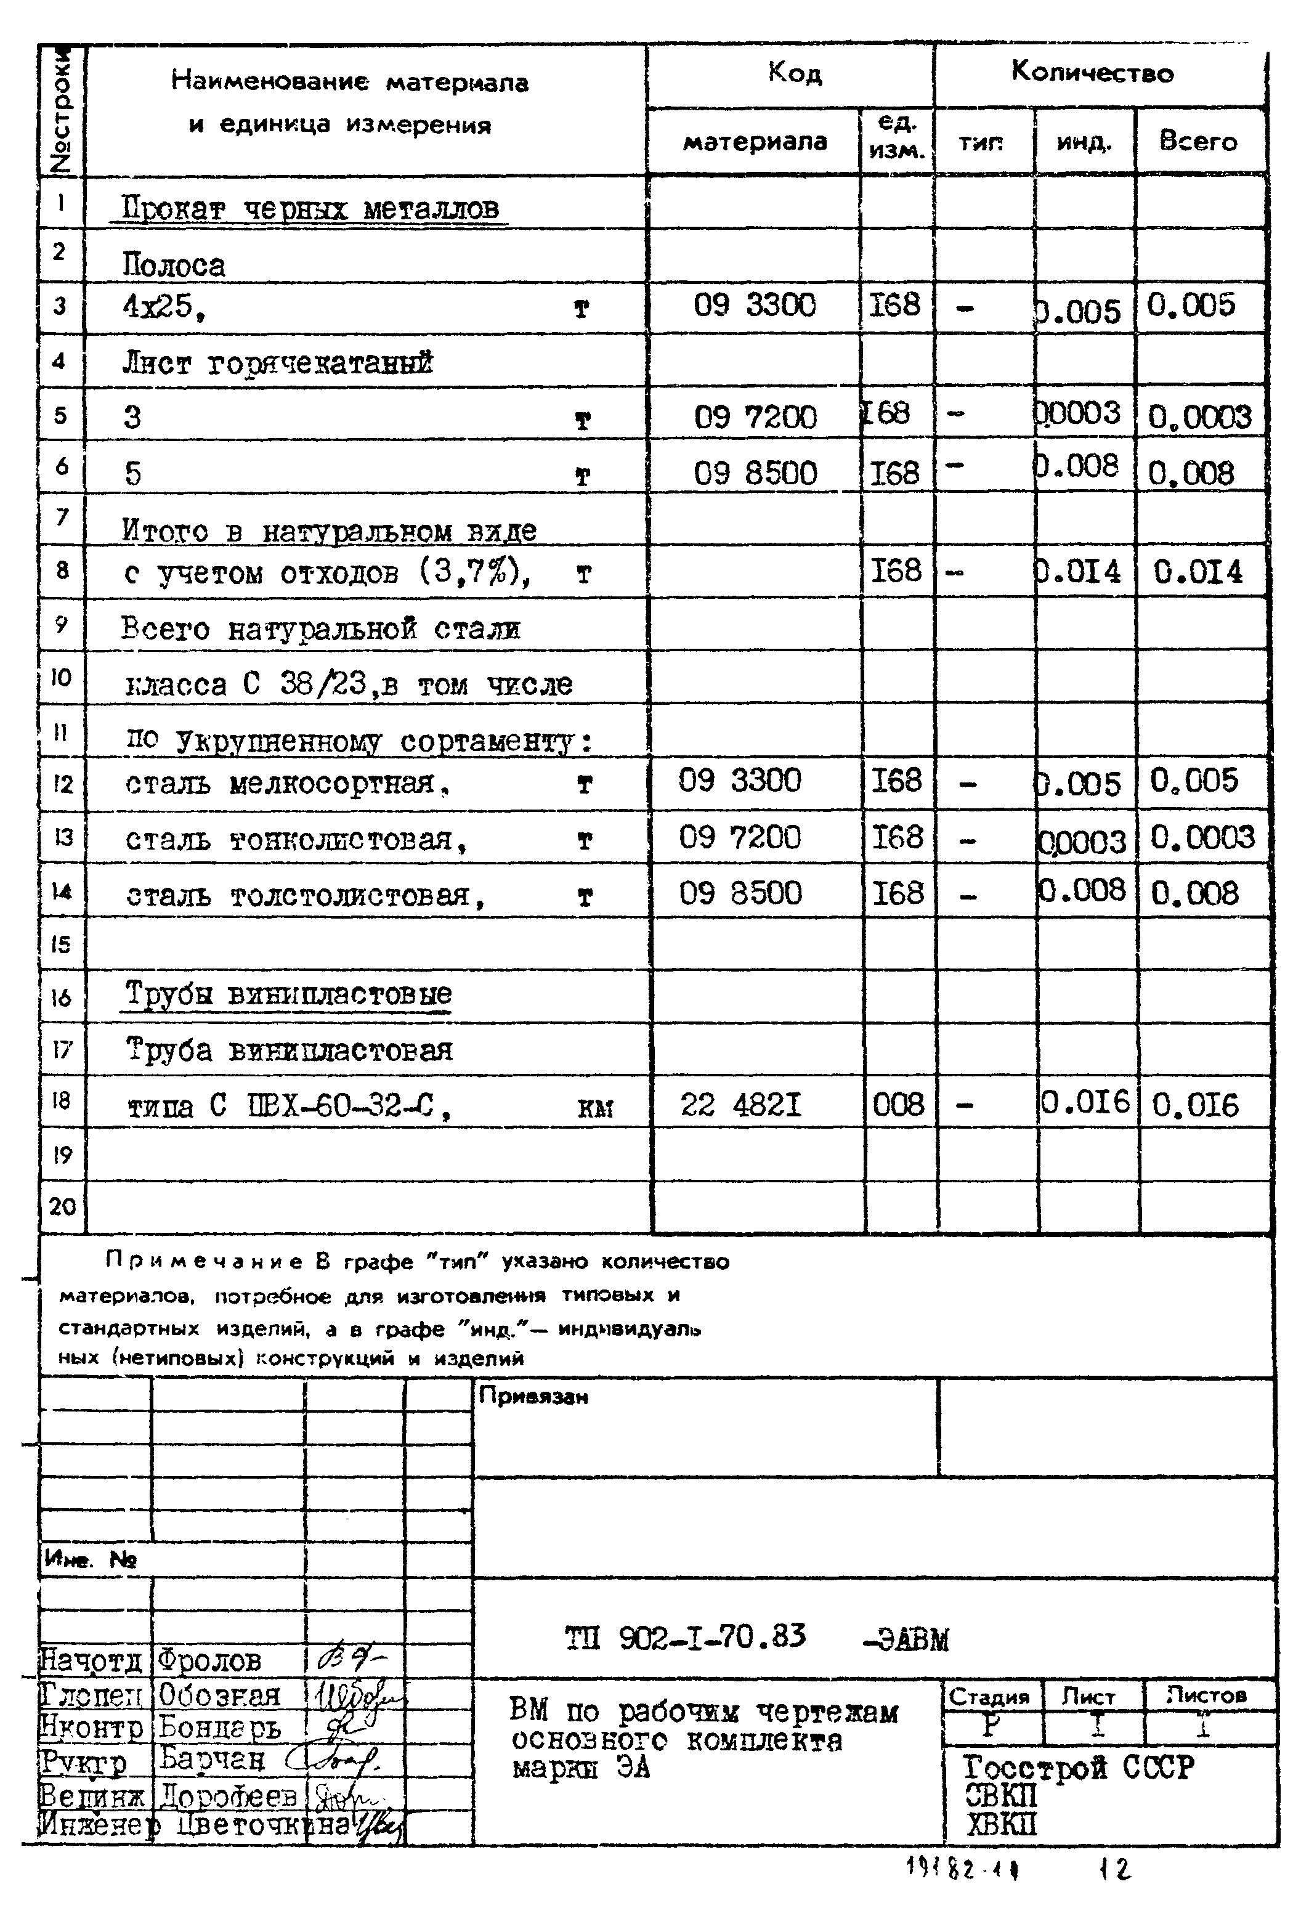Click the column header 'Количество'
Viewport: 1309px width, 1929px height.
tap(1092, 73)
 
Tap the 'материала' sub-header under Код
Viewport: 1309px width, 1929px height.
tap(754, 142)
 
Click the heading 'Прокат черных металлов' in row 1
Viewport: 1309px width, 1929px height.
tap(310, 208)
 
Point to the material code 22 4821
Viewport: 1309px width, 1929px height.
tap(740, 1105)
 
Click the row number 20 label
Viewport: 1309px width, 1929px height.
tap(62, 1206)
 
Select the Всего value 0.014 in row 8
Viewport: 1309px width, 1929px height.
tap(1198, 572)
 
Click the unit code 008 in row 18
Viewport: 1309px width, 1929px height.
tap(898, 1105)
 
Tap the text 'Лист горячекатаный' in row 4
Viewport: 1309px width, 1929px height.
tap(277, 363)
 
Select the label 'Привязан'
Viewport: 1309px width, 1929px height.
tap(533, 1397)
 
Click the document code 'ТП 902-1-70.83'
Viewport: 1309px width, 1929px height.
tap(685, 1637)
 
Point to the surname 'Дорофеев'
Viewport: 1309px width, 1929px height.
tap(227, 1795)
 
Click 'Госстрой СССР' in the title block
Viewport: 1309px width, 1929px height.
tap(1077, 1767)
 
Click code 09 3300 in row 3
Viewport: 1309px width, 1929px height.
tap(754, 306)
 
